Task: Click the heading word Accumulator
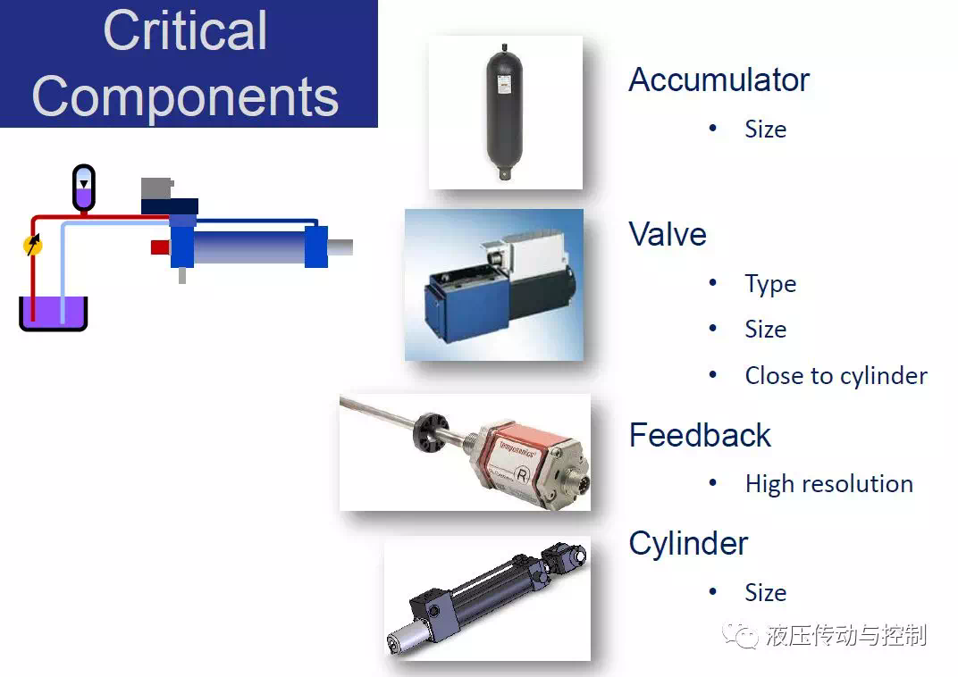pyautogui.click(x=719, y=80)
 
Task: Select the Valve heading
pyautogui.click(x=668, y=234)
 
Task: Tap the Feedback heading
pyautogui.click(x=700, y=435)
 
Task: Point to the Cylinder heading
pyautogui.click(x=688, y=544)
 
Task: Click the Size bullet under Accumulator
pyautogui.click(x=766, y=130)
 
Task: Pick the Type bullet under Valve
pyautogui.click(x=770, y=285)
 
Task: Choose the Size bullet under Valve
pyautogui.click(x=766, y=330)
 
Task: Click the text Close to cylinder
pyautogui.click(x=836, y=376)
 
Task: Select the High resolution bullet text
pyautogui.click(x=829, y=484)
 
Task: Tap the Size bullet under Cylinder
pyautogui.click(x=766, y=593)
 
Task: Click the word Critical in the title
pyautogui.click(x=185, y=30)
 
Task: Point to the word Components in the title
pyautogui.click(x=185, y=96)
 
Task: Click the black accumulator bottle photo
pyautogui.click(x=505, y=113)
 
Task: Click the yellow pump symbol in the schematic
pyautogui.click(x=33, y=245)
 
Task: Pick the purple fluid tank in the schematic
pyautogui.click(x=53, y=313)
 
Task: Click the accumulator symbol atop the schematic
pyautogui.click(x=84, y=188)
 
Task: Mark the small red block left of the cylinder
pyautogui.click(x=160, y=247)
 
